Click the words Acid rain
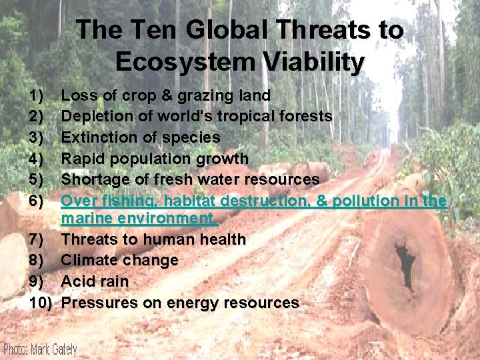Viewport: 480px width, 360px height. [x=95, y=281]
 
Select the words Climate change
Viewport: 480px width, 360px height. [x=119, y=260]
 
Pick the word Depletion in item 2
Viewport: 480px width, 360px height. [x=94, y=117]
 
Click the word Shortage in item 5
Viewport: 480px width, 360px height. [x=91, y=179]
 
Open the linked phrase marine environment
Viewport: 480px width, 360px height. [x=139, y=218]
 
